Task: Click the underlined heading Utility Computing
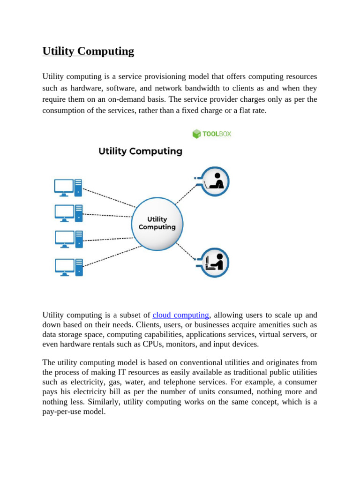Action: (x=88, y=51)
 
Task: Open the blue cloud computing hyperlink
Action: (x=180, y=315)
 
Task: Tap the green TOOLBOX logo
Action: (x=212, y=134)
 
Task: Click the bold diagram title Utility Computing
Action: (x=140, y=151)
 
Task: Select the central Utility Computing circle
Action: (x=157, y=223)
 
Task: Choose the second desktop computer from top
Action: (x=68, y=213)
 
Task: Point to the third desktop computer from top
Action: (x=68, y=239)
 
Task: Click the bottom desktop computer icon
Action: (x=68, y=267)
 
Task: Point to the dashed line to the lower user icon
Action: (x=186, y=251)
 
